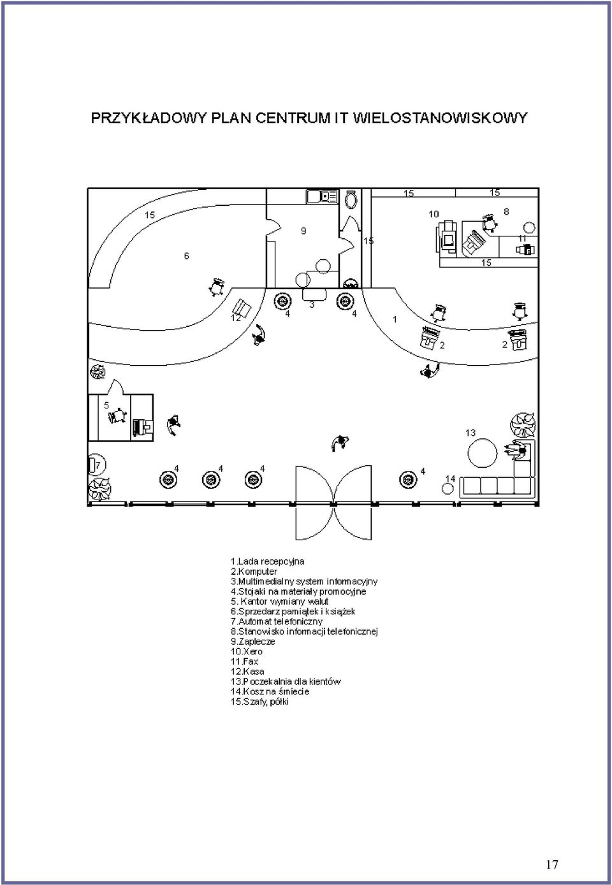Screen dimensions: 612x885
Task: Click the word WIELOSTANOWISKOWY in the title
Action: tap(440, 118)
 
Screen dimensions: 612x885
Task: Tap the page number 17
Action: tap(552, 865)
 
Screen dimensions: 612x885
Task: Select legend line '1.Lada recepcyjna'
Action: tap(267, 561)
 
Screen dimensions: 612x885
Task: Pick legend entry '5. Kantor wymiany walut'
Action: tap(279, 601)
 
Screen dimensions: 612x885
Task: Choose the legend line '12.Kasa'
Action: tap(247, 672)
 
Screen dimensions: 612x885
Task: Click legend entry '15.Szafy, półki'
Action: tap(259, 702)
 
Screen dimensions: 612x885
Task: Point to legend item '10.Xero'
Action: tap(246, 651)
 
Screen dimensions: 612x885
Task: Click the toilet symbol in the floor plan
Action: tap(351, 199)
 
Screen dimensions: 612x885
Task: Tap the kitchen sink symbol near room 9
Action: tap(322, 196)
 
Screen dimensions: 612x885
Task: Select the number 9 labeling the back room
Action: tap(303, 231)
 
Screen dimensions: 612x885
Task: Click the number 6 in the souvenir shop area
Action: tap(186, 256)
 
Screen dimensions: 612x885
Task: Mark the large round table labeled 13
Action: tap(482, 453)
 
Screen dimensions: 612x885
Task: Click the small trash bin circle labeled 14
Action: tap(447, 489)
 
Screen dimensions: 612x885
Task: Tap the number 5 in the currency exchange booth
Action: tap(106, 405)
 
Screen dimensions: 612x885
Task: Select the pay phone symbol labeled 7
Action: tap(94, 465)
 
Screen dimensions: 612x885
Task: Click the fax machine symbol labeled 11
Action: tap(525, 249)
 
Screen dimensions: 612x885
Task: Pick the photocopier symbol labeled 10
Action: tap(447, 236)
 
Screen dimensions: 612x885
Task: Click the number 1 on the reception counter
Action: tap(395, 319)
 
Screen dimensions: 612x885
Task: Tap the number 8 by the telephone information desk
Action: tap(506, 212)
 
